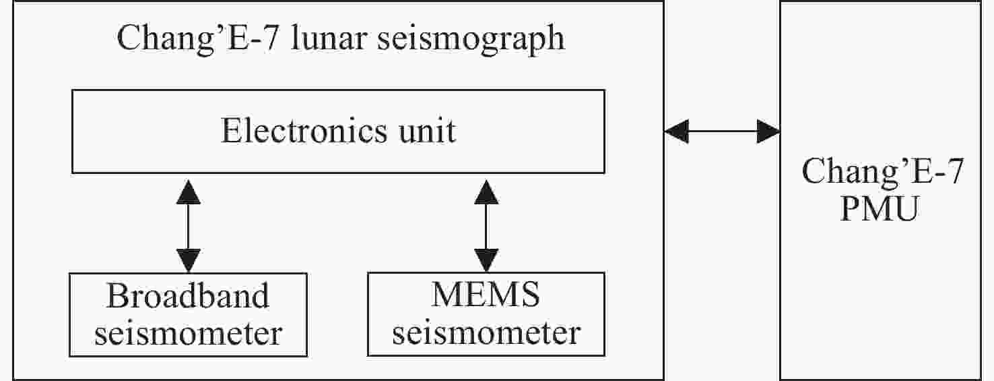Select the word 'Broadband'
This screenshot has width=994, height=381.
point(188,296)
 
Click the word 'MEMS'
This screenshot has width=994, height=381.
point(486,296)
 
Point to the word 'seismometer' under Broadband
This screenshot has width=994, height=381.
point(188,333)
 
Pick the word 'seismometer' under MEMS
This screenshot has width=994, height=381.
point(486,333)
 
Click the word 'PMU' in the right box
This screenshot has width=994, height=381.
point(880,211)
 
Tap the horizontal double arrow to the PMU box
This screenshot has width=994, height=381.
point(722,131)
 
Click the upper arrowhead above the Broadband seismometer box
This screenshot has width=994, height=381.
point(188,193)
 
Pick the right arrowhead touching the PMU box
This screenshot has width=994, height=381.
point(768,131)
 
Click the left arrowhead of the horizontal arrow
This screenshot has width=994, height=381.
point(677,131)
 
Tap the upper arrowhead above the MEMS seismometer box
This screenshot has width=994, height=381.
point(486,193)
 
